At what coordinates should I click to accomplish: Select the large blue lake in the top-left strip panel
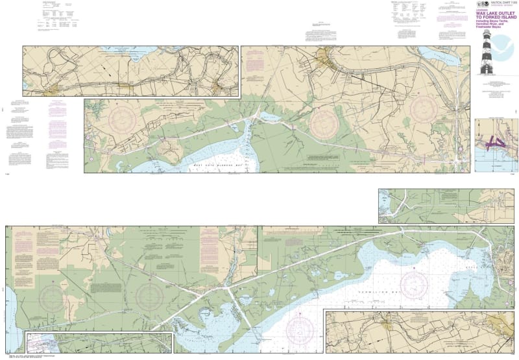pyautogui.click(x=143, y=52)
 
